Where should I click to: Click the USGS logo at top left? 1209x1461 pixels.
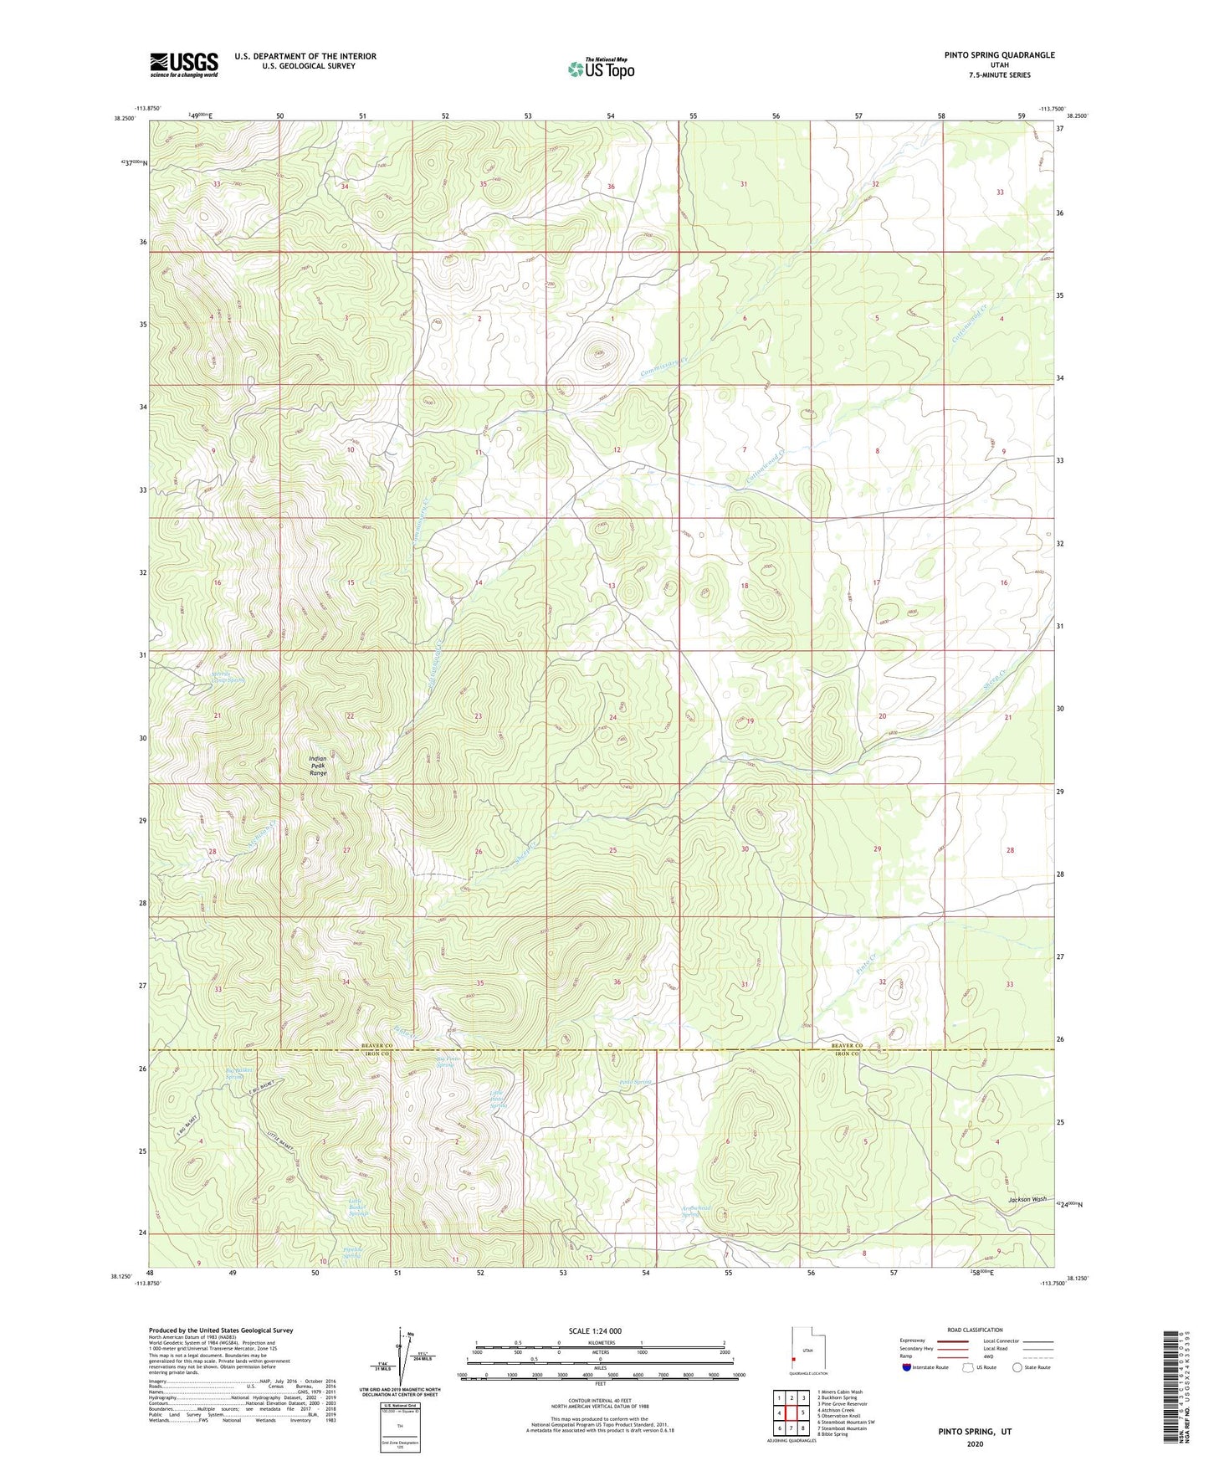coord(184,64)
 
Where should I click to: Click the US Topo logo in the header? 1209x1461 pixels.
coord(601,69)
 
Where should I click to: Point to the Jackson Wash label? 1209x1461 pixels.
coord(1027,1199)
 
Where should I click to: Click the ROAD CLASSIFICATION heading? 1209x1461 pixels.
coord(976,1330)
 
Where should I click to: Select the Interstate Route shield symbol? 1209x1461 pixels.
coord(907,1367)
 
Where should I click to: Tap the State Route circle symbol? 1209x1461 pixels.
coord(1017,1367)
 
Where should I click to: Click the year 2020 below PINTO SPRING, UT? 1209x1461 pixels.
coord(975,1444)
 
